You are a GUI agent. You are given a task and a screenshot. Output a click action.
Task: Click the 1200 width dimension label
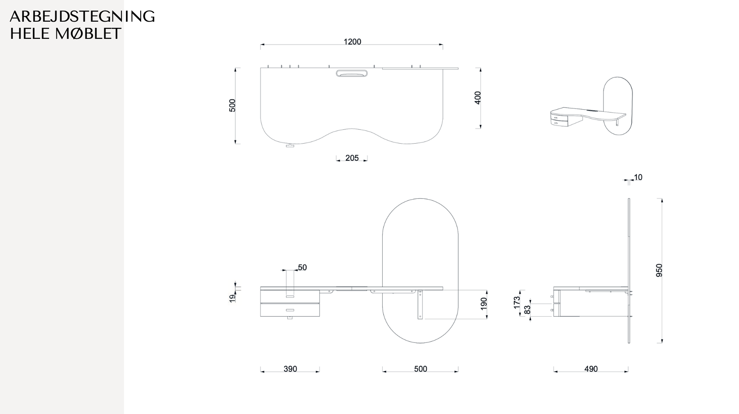(x=352, y=42)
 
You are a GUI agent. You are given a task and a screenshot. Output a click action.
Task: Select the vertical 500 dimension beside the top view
(x=232, y=106)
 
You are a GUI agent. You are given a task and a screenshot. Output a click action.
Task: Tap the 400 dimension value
(x=478, y=98)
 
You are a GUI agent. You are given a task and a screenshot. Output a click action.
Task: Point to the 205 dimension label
(x=352, y=158)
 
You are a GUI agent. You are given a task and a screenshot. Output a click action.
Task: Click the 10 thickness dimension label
(x=638, y=177)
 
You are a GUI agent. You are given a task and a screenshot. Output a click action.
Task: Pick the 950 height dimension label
(x=659, y=270)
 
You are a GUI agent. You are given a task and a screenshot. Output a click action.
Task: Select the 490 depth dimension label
(x=591, y=369)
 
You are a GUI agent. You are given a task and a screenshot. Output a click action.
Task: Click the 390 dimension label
(x=290, y=369)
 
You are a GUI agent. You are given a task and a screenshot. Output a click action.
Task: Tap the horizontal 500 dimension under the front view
(x=420, y=369)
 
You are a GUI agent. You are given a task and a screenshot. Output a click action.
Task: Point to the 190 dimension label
(x=484, y=304)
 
